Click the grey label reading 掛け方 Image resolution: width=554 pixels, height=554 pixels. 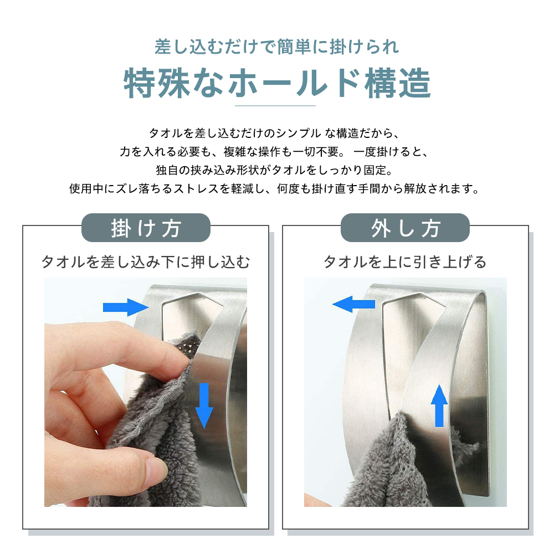click(x=146, y=228)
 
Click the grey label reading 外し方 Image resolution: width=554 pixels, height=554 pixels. click(x=406, y=228)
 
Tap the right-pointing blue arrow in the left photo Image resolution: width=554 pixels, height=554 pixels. click(x=126, y=307)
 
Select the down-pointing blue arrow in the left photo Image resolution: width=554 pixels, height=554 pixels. click(x=204, y=406)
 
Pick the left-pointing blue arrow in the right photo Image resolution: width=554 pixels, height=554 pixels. click(x=353, y=304)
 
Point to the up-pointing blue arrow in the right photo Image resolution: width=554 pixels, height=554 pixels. click(x=439, y=406)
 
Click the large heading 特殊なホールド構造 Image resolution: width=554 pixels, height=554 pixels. click(x=277, y=83)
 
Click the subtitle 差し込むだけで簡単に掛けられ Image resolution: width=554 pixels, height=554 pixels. click(x=276, y=47)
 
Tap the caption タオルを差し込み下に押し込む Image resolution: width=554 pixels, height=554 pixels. click(x=146, y=262)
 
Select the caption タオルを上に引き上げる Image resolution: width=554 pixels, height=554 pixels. click(x=406, y=262)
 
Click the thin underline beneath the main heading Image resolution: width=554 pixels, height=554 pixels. click(x=275, y=105)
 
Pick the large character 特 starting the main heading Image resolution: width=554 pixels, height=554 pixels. click(x=140, y=83)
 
